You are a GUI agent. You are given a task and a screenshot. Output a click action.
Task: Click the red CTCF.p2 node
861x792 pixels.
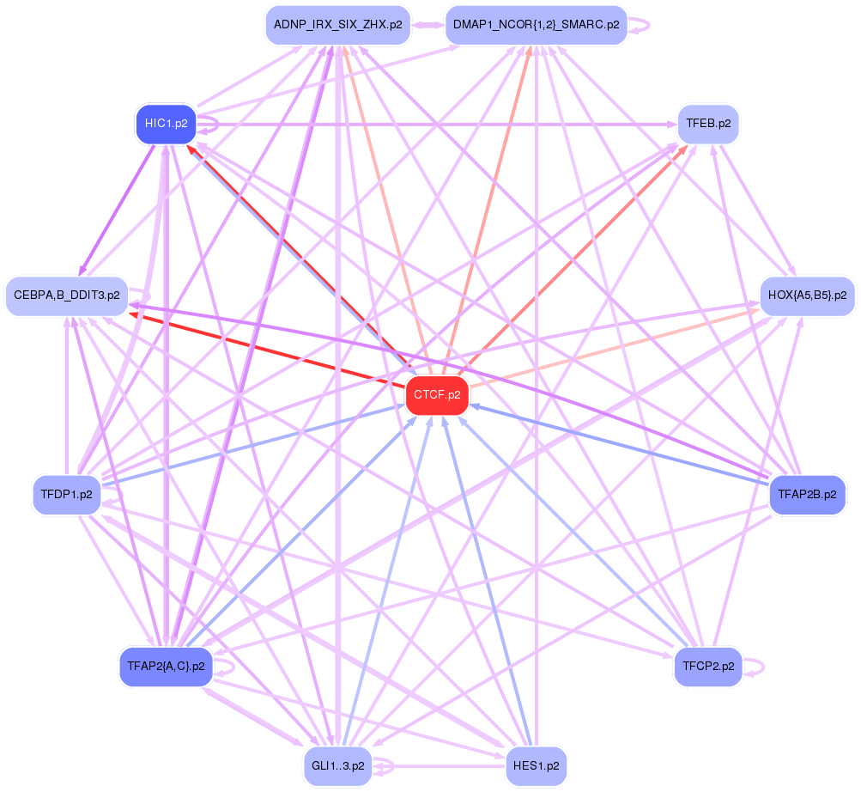tap(437, 395)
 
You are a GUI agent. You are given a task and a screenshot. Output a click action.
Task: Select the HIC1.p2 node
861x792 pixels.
tap(166, 124)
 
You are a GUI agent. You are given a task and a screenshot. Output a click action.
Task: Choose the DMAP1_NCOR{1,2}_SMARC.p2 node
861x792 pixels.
tap(536, 25)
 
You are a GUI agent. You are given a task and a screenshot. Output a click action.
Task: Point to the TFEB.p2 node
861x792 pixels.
tap(708, 124)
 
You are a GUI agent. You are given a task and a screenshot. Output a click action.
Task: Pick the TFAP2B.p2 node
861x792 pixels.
tap(807, 494)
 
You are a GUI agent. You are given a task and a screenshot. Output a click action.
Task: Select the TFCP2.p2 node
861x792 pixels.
tap(708, 666)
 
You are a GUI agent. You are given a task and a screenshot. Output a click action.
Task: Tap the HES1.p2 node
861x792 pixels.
tap(536, 765)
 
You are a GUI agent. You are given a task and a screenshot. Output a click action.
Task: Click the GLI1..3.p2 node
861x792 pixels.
tap(337, 765)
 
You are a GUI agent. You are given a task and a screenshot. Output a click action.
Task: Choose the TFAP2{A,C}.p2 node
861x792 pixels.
tap(166, 666)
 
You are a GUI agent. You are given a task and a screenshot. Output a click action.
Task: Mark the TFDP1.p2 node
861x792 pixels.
tap(66, 494)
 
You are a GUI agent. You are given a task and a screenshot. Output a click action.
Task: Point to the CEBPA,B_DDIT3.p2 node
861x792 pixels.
tap(66, 295)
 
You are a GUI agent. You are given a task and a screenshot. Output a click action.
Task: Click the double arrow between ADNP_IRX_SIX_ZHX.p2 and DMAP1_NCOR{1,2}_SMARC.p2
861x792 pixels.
tap(427, 25)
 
